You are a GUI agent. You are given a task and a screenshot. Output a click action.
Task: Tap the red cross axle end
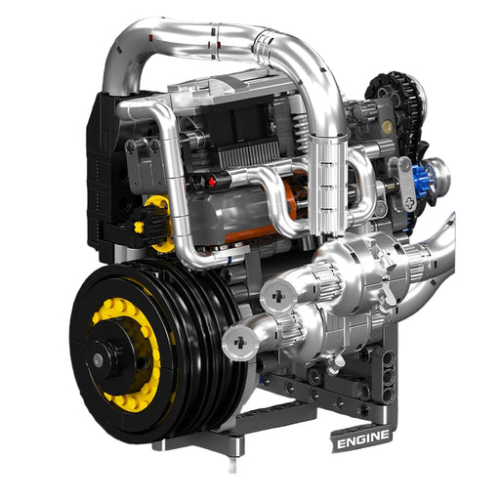212,183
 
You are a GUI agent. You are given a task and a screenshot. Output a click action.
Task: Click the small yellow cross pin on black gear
139,227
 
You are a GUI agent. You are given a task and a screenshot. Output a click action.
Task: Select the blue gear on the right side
422,181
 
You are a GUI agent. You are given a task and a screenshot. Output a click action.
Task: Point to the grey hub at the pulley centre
98,359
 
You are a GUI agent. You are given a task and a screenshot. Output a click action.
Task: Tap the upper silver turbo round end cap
278,297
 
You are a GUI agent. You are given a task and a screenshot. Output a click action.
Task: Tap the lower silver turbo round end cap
240,342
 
